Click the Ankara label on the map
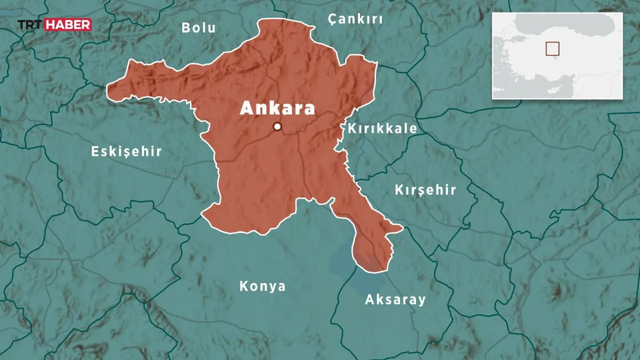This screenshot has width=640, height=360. click(277, 108)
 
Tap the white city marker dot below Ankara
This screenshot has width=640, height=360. click(277, 126)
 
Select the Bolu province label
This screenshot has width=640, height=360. click(198, 28)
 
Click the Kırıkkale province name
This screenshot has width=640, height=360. click(382, 129)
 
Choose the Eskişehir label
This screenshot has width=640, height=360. click(126, 151)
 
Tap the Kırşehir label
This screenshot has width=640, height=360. click(425, 190)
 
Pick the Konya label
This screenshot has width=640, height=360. click(262, 286)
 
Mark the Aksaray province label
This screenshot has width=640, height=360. click(395, 300)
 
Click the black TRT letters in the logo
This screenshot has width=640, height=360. click(30, 25)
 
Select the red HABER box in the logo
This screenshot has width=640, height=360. click(68, 25)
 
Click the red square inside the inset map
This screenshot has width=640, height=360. click(552, 49)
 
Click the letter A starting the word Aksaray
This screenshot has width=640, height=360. click(369, 300)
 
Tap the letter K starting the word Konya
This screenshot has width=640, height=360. click(244, 286)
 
